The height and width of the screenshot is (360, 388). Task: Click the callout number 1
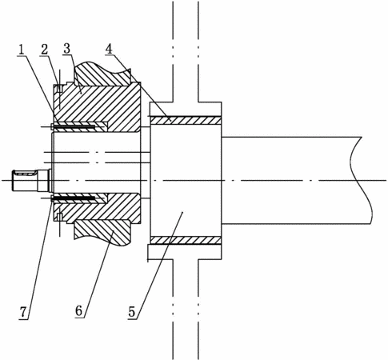pos(21,50)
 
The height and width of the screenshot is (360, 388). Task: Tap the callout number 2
pos(44,50)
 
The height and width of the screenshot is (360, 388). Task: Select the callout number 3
pos(66,49)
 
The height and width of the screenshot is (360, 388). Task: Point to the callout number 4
pos(109,49)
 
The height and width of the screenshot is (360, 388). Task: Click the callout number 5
pos(132,311)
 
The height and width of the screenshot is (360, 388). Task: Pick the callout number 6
pos(79,311)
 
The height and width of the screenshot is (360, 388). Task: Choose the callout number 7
pos(23,311)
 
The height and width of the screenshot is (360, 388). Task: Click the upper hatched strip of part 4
pos(186,120)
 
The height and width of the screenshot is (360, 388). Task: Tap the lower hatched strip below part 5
pos(186,240)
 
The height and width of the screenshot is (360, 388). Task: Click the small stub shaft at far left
pos(31,181)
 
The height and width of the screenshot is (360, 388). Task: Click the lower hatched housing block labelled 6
pos(102,232)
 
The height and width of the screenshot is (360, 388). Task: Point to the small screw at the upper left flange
pos(59,89)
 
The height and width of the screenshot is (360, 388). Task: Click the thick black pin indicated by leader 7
pos(74,198)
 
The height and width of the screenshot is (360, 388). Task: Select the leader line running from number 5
pos(159,265)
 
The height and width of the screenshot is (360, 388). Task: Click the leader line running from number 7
pos(39,258)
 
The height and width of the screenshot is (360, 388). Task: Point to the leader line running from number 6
pos(98,274)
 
